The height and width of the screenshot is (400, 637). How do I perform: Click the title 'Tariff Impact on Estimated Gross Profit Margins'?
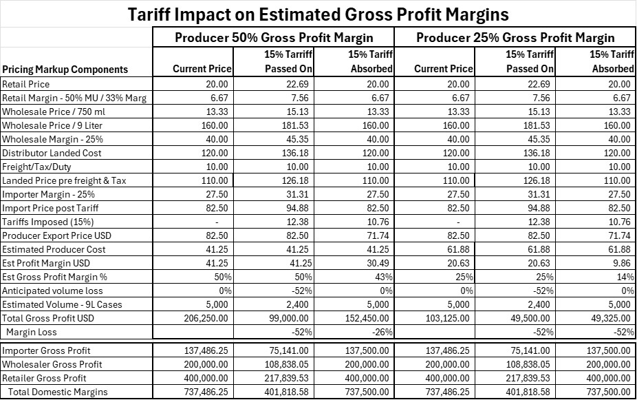pos(318,13)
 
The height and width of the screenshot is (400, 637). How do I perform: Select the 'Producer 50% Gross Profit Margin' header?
pos(273,37)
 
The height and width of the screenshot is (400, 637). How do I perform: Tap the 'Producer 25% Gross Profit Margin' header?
pos(515,37)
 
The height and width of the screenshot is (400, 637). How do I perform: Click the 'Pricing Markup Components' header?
pos(65,69)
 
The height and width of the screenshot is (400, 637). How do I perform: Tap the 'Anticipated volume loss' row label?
pos(46,291)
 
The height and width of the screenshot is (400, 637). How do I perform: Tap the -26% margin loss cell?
pos(382,332)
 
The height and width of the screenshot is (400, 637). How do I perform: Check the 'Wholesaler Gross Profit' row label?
pos(52,364)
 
